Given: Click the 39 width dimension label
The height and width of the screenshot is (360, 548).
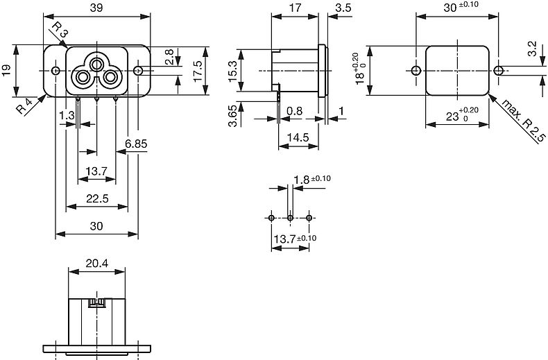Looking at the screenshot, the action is (x=96, y=8).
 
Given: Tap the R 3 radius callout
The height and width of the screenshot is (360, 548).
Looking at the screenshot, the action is (x=60, y=30).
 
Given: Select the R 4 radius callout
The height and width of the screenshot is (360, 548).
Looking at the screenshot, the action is (x=24, y=106).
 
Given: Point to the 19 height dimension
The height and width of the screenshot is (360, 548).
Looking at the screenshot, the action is (x=7, y=70).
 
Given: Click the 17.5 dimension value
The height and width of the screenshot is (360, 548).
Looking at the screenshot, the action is (x=198, y=71).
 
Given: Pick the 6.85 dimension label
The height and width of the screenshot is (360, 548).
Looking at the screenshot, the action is (x=136, y=144).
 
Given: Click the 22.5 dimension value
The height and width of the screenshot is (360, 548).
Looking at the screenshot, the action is (x=97, y=198).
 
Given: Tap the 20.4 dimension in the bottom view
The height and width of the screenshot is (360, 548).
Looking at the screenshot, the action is (x=97, y=263).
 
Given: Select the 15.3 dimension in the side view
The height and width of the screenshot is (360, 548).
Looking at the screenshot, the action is (x=233, y=71).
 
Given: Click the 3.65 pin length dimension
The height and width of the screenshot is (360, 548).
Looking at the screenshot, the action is (x=233, y=114).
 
